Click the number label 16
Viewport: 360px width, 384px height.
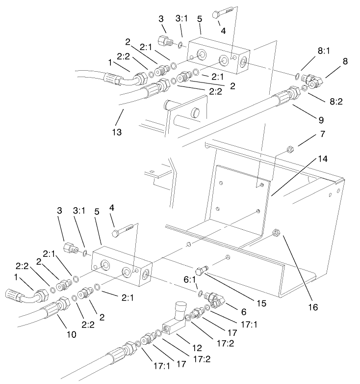(x=313, y=307)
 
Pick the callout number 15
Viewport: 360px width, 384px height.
(x=263, y=303)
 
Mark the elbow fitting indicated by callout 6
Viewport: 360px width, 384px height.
(x=213, y=298)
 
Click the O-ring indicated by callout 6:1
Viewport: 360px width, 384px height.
(x=201, y=294)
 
